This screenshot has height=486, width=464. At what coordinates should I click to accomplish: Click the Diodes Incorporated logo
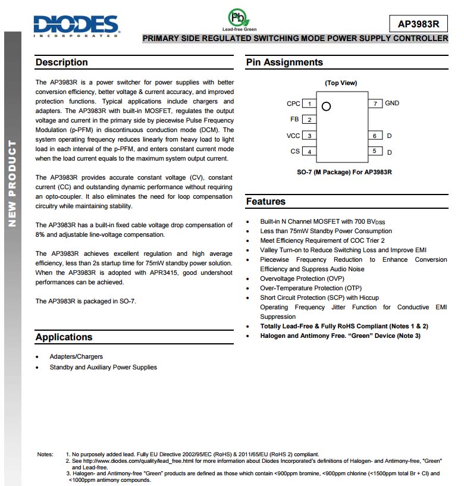[x=76, y=25]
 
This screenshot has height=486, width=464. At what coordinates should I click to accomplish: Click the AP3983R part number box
[x=418, y=24]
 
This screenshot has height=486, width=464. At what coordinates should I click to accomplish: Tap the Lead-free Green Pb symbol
[x=239, y=17]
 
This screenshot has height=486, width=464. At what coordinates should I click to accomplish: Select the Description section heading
[x=61, y=62]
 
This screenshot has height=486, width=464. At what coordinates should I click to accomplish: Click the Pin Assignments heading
[x=284, y=62]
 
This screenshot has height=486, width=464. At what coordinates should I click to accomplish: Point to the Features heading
[x=266, y=202]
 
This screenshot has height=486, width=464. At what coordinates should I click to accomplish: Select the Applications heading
[x=64, y=337]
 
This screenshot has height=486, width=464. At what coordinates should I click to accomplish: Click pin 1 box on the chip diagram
[x=309, y=104]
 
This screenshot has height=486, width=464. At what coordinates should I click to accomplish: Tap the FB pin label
[x=295, y=120]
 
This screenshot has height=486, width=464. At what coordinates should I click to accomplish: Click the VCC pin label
[x=293, y=136]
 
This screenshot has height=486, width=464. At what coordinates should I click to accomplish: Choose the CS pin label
[x=295, y=152]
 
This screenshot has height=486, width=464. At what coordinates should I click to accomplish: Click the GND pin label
[x=392, y=104]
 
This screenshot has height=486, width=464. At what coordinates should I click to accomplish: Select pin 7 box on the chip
[x=375, y=104]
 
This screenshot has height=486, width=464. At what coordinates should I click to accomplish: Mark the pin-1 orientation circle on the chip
[x=325, y=106]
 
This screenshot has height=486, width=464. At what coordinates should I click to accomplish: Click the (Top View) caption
[x=341, y=83]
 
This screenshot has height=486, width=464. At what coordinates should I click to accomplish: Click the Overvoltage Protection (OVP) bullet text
[x=302, y=278]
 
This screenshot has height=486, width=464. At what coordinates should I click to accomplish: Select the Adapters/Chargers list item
[x=76, y=357]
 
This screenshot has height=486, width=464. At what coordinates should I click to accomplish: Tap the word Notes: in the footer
[x=45, y=454]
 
